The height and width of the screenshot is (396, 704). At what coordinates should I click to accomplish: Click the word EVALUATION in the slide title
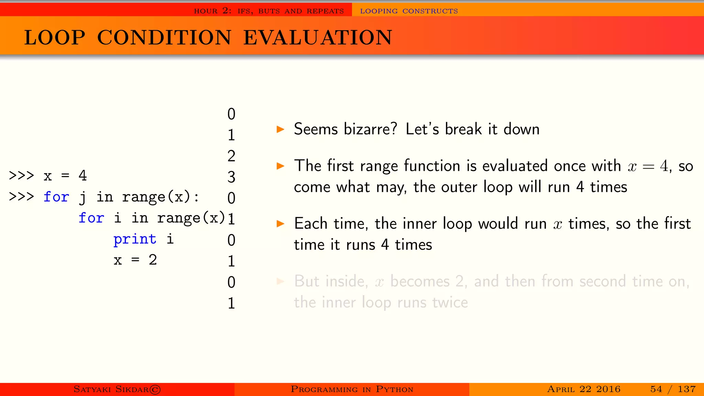pyautogui.click(x=318, y=37)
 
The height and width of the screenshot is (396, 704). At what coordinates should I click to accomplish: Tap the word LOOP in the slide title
pyautogui.click(x=55, y=37)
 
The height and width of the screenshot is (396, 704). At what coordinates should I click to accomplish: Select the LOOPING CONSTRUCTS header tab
pyautogui.click(x=409, y=11)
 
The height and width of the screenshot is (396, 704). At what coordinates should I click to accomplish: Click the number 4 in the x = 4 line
pyautogui.click(x=82, y=175)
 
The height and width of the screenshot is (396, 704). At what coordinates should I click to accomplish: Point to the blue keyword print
pyautogui.click(x=135, y=239)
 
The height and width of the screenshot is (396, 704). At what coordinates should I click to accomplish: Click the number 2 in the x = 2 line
pyautogui.click(x=153, y=260)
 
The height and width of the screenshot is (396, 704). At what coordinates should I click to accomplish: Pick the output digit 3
pyautogui.click(x=231, y=177)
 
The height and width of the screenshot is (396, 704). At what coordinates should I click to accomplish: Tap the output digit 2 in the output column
pyautogui.click(x=231, y=156)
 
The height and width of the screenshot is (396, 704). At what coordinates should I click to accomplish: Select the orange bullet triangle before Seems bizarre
pyautogui.click(x=280, y=130)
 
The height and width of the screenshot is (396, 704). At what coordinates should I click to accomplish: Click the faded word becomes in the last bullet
pyautogui.click(x=420, y=282)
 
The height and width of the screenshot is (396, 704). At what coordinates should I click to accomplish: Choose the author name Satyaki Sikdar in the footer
pyautogui.click(x=111, y=389)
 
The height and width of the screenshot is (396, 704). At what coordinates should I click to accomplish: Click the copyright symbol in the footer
pyautogui.click(x=155, y=389)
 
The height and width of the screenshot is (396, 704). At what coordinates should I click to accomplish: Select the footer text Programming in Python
pyautogui.click(x=352, y=389)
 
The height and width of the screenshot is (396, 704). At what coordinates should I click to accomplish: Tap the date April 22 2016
pyautogui.click(x=583, y=389)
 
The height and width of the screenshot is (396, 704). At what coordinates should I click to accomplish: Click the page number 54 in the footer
pyautogui.click(x=656, y=389)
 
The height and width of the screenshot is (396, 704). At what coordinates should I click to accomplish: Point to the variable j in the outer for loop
pyautogui.click(x=82, y=197)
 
